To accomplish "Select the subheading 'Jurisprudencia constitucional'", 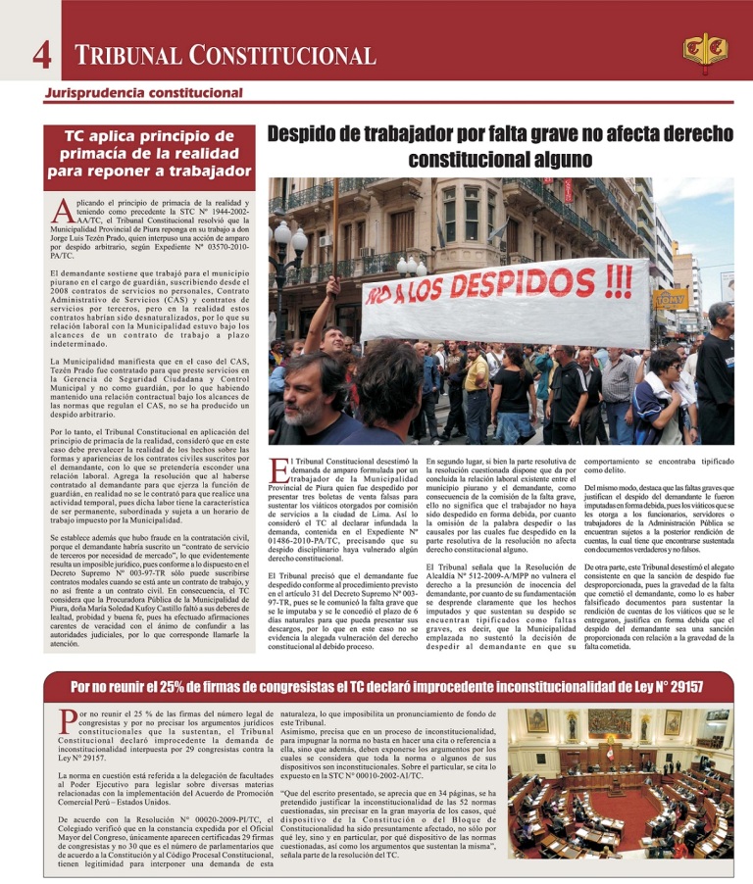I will pyautogui.click(x=142, y=93).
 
